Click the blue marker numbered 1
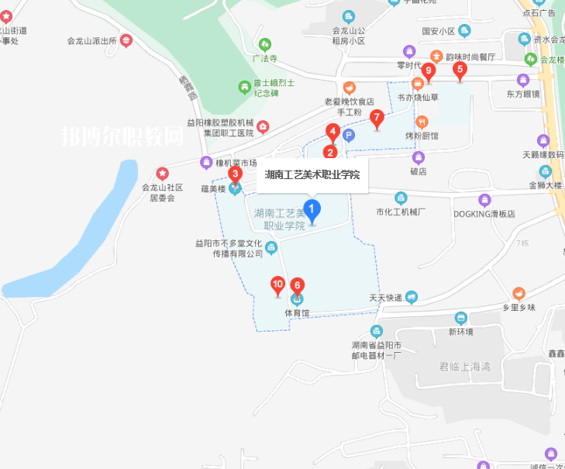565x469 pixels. pos(312,210)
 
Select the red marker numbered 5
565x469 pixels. pos(460,71)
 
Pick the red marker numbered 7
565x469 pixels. pos(377,119)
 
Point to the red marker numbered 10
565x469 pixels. pos(277,286)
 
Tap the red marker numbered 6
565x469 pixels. pos(297,286)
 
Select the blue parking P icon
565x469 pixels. pos(349,136)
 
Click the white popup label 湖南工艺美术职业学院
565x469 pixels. pos(312,174)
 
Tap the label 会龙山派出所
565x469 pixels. pos(90,41)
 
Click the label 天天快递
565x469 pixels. pos(385,298)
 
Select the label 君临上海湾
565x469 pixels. pos(465,367)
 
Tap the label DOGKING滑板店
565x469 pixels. pos(484,213)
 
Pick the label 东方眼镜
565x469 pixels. pos(522,94)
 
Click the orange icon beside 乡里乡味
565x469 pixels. pos(518,293)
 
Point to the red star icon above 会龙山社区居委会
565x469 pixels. pos(162,173)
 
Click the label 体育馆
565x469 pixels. pos(297,313)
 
